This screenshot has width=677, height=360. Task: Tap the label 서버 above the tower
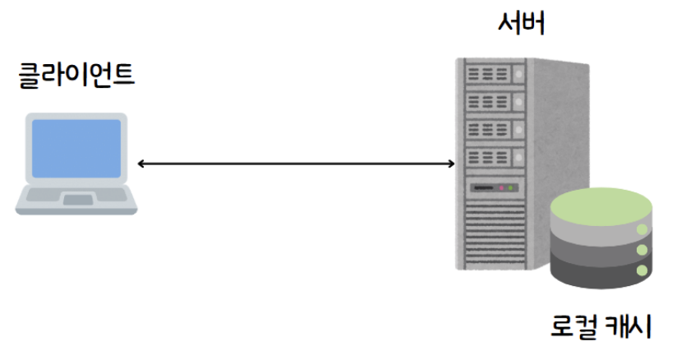522,24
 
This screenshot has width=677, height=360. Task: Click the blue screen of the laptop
76,147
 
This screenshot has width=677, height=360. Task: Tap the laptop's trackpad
78,200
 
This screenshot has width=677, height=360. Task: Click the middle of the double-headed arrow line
296,164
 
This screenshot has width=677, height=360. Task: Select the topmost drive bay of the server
492,76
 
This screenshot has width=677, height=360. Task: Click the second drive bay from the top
492,103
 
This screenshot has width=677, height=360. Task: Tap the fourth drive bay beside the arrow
492,156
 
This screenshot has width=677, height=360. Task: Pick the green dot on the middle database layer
641,250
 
